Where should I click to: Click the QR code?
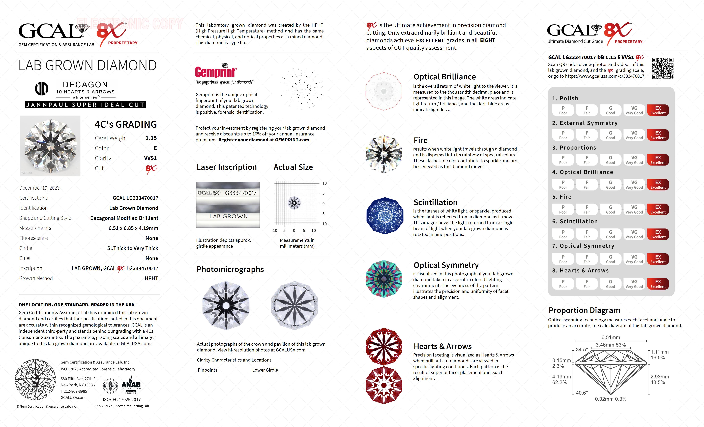pyautogui.click(x=663, y=68)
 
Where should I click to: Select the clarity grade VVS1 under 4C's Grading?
pyautogui.click(x=150, y=158)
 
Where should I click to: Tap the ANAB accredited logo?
pyautogui.click(x=131, y=385)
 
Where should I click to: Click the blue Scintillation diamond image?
pyautogui.click(x=385, y=216)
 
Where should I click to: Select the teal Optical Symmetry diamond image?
pyautogui.click(x=384, y=279)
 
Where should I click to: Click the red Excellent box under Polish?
pyautogui.click(x=658, y=110)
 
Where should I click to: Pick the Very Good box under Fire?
pyautogui.click(x=634, y=209)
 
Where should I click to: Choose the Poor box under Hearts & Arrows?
pyautogui.click(x=563, y=284)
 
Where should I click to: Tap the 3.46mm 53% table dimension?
pyautogui.click(x=611, y=345)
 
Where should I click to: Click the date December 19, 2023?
pyautogui.click(x=39, y=188)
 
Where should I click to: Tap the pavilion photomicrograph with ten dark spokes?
pyautogui.click(x=295, y=305)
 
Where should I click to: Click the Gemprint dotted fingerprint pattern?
pyautogui.click(x=301, y=88)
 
